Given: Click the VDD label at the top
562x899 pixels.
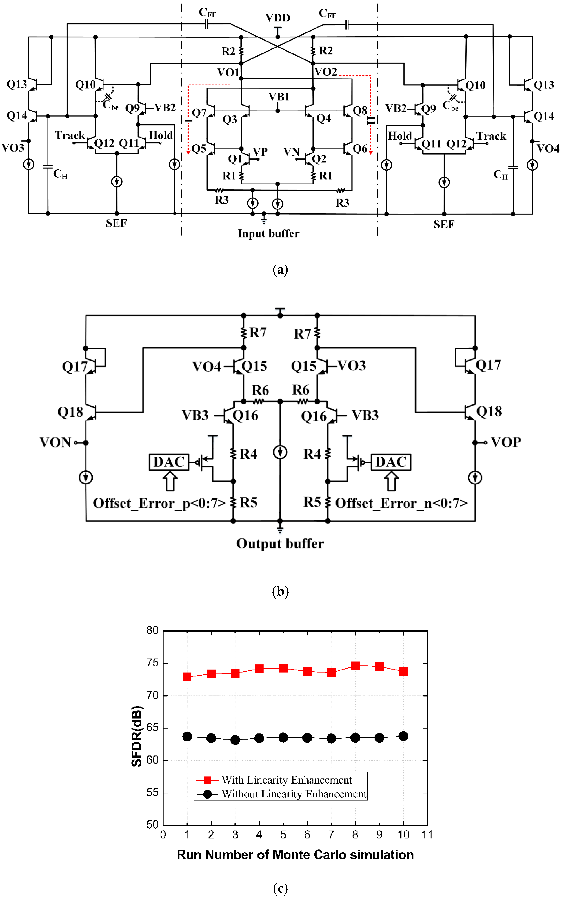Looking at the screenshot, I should pos(278,17).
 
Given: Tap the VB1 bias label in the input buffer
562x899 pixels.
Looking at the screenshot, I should pos(279,97).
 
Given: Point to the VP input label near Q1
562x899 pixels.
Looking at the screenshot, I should pos(260,152).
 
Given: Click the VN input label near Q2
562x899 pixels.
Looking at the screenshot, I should pos(291,152).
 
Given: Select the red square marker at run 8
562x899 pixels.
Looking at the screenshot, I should pos(355,665).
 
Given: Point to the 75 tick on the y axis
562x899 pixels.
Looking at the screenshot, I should pos(152,663).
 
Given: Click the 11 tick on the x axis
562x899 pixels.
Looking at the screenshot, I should pos(427,835).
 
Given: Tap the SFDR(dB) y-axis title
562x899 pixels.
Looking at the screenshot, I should pos(137,736).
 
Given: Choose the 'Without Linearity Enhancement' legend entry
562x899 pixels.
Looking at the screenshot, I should pos(294,794).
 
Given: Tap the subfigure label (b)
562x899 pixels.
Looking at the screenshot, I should pos(280,591).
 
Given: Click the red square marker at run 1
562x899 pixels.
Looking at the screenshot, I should pos(187,677).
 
